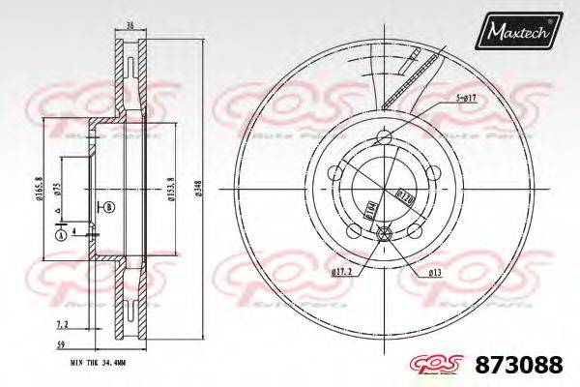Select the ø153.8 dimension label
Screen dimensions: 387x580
171,190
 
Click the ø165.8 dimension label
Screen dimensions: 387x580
39,185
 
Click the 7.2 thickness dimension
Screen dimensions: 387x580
62,323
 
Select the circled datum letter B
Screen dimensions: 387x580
108,208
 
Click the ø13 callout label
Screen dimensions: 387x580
436,274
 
